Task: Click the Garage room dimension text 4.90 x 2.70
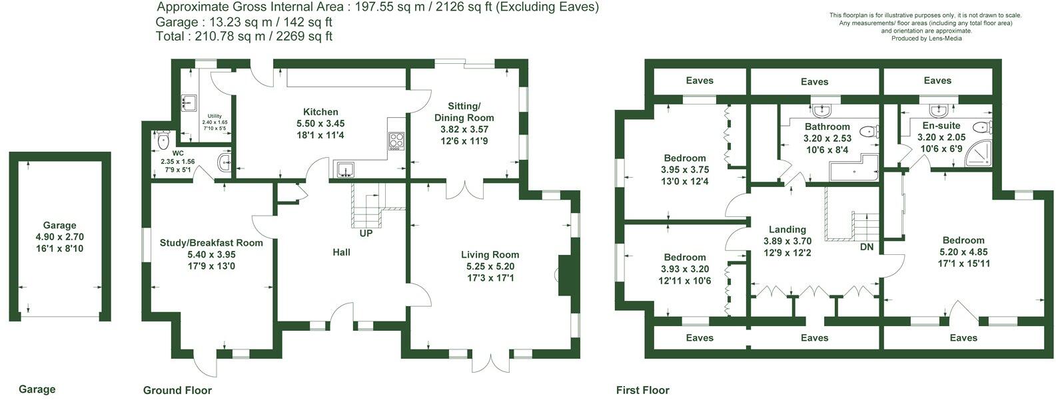tap(59, 237)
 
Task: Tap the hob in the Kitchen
tap(396, 141)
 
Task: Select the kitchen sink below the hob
tap(346, 170)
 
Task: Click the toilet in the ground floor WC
tap(163, 139)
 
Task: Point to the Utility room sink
tap(189, 102)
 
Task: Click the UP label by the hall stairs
tap(366, 233)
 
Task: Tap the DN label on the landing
tap(867, 247)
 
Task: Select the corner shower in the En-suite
tap(979, 154)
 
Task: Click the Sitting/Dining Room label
tap(464, 112)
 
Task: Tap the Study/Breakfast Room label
tap(211, 243)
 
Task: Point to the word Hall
tap(341, 252)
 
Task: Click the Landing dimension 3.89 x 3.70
tap(788, 241)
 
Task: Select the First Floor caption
tap(642, 390)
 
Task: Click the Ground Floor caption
tap(177, 390)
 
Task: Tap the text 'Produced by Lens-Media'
tap(926, 39)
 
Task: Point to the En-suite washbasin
tap(939, 111)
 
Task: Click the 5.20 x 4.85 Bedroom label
tap(963, 252)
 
